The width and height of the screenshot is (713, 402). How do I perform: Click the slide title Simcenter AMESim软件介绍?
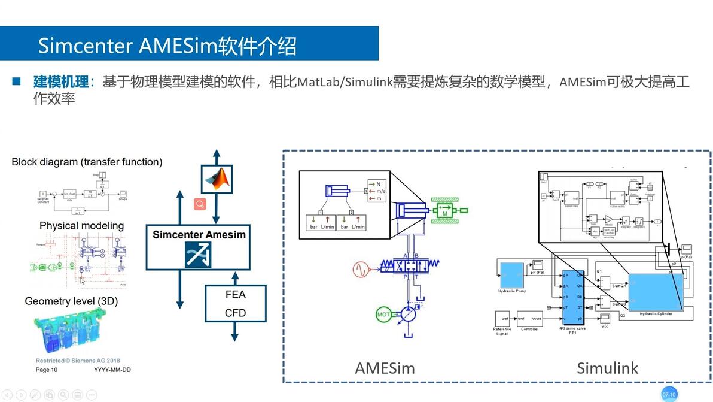click(x=167, y=46)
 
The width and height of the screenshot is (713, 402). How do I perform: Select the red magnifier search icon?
click(x=200, y=204)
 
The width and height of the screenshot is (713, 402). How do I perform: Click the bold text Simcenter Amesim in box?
click(x=199, y=235)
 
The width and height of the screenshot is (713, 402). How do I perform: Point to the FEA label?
click(x=235, y=295)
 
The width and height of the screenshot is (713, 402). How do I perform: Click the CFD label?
click(x=235, y=313)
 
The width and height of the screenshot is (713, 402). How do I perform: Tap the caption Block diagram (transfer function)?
click(x=87, y=162)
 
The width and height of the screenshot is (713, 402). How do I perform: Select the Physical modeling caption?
click(x=81, y=226)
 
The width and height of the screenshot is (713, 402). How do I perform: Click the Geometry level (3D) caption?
click(x=71, y=301)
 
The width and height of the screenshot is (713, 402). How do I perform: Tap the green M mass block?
click(x=445, y=211)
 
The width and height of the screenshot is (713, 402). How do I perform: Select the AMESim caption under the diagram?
click(x=385, y=367)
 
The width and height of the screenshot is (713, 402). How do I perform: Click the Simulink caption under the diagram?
click(x=607, y=367)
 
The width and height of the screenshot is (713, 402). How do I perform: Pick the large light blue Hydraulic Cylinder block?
click(x=655, y=292)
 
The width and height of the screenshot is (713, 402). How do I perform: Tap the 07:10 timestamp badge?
click(x=669, y=394)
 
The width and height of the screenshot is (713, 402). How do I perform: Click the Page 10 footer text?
click(x=47, y=370)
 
